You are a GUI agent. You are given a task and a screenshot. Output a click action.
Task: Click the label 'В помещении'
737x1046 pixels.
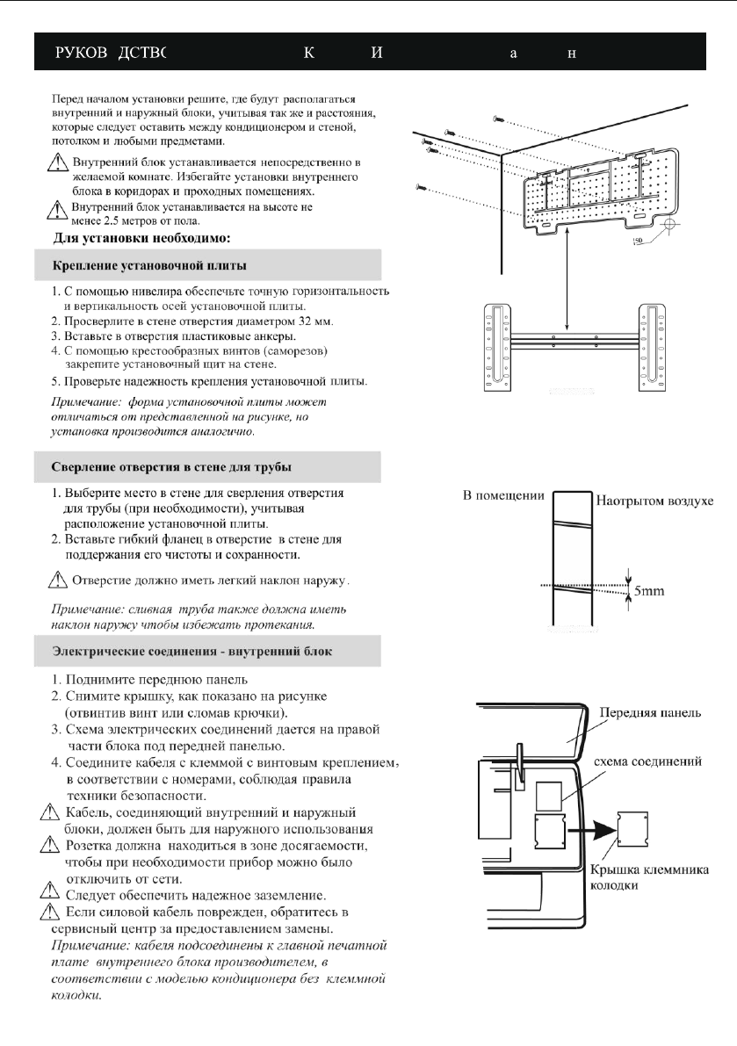(x=503, y=497)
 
